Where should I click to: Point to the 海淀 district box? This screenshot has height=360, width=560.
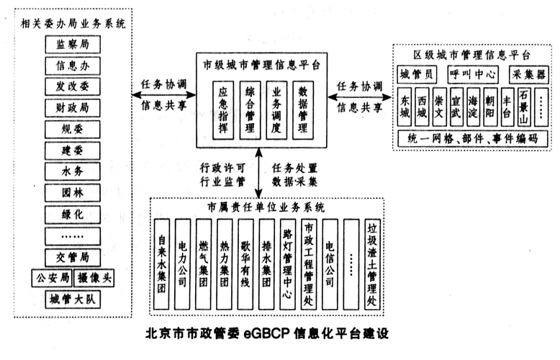(473, 106)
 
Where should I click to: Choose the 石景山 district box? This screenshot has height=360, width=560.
(525, 106)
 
